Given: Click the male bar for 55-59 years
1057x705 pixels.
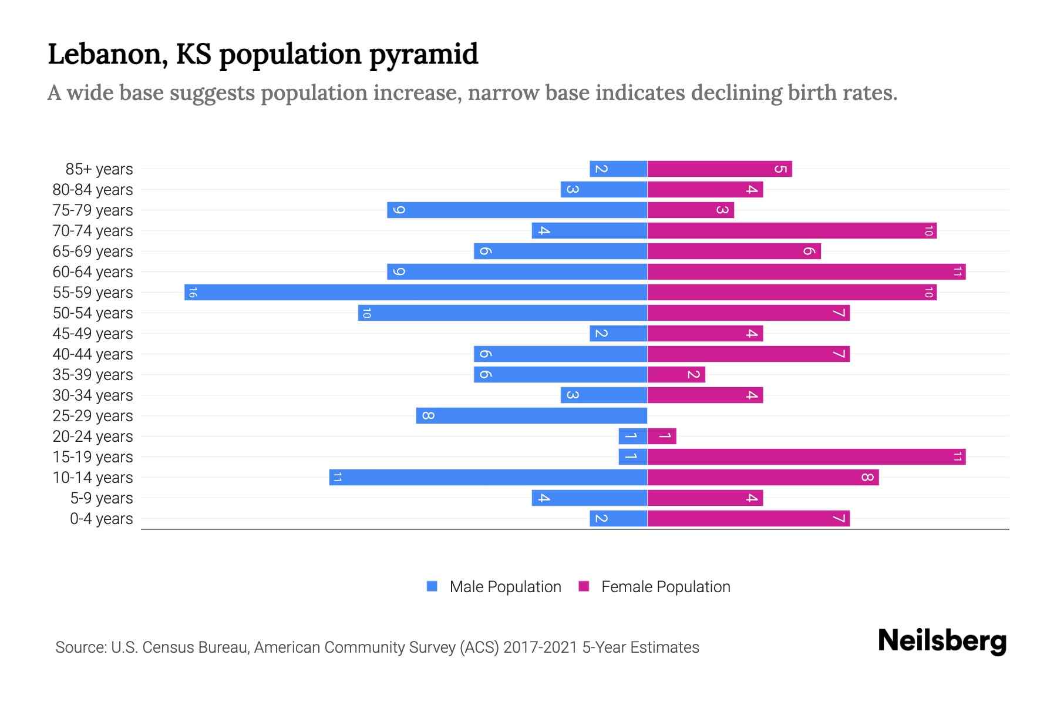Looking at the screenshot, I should point(416,292).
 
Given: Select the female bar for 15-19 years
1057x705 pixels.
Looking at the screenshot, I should point(806,456).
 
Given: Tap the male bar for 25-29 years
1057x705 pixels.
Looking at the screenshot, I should point(531,415).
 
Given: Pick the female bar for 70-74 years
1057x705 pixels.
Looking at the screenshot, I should point(792,230).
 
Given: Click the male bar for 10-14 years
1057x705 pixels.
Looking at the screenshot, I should point(488,477).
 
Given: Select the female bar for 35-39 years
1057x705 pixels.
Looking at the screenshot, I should point(676,374).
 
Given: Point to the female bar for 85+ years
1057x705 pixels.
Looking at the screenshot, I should point(719,169).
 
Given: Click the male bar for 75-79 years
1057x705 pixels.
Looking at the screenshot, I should point(517,210).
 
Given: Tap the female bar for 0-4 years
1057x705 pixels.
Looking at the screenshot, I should point(748,518).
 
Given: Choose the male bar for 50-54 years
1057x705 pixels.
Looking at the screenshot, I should point(503,313).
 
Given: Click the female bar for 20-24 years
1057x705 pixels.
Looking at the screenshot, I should point(662,436).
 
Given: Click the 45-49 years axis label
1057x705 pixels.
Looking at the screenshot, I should point(93,333).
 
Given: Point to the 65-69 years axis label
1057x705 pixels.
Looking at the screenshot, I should point(93,251).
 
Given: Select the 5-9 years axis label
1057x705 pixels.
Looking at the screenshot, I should point(102,498).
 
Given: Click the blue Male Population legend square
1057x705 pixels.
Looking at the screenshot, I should point(432,586).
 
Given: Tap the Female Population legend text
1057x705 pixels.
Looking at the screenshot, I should point(665,586).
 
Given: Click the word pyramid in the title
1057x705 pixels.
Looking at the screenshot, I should point(423,54).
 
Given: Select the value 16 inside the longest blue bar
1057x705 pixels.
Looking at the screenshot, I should point(193,292).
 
